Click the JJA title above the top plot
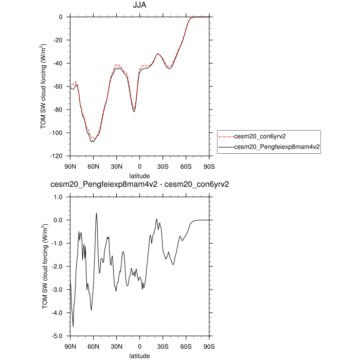click(139, 6)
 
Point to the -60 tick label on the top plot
click(58, 86)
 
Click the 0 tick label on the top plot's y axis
click(61, 17)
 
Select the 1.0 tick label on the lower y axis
click(58, 197)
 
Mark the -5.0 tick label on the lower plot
click(57, 336)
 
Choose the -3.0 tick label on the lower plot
click(57, 290)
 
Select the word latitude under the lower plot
click(139, 355)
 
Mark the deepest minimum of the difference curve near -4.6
click(73, 327)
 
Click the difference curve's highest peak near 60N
click(96, 213)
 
